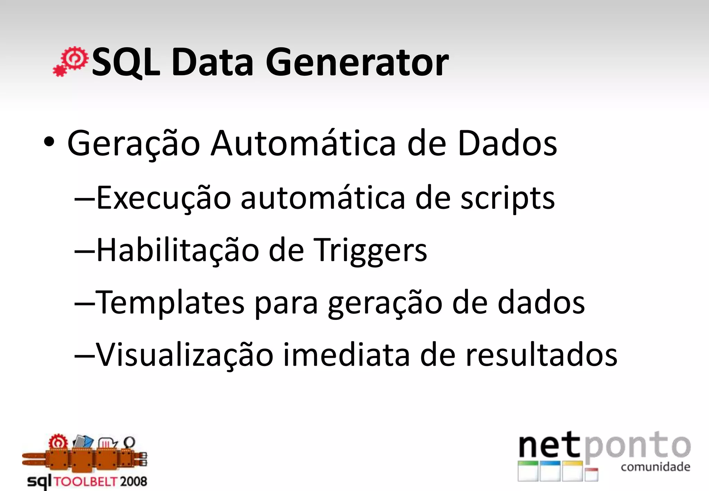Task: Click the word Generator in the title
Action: (x=357, y=63)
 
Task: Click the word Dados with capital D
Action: (x=507, y=143)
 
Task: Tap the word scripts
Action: (x=507, y=198)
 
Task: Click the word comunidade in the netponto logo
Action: (x=655, y=467)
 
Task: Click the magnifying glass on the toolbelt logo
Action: (x=129, y=442)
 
